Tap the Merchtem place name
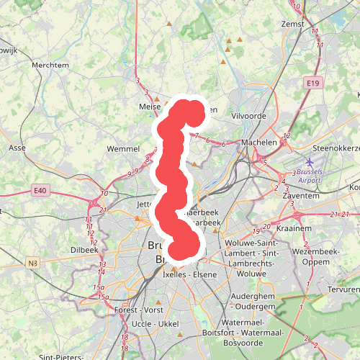click(x=50, y=65)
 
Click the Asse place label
click(x=17, y=147)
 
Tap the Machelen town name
click(x=260, y=143)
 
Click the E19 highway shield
click(x=312, y=84)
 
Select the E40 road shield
click(x=40, y=191)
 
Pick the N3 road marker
click(x=33, y=264)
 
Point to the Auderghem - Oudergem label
click(x=256, y=301)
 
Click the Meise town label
click(x=150, y=107)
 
